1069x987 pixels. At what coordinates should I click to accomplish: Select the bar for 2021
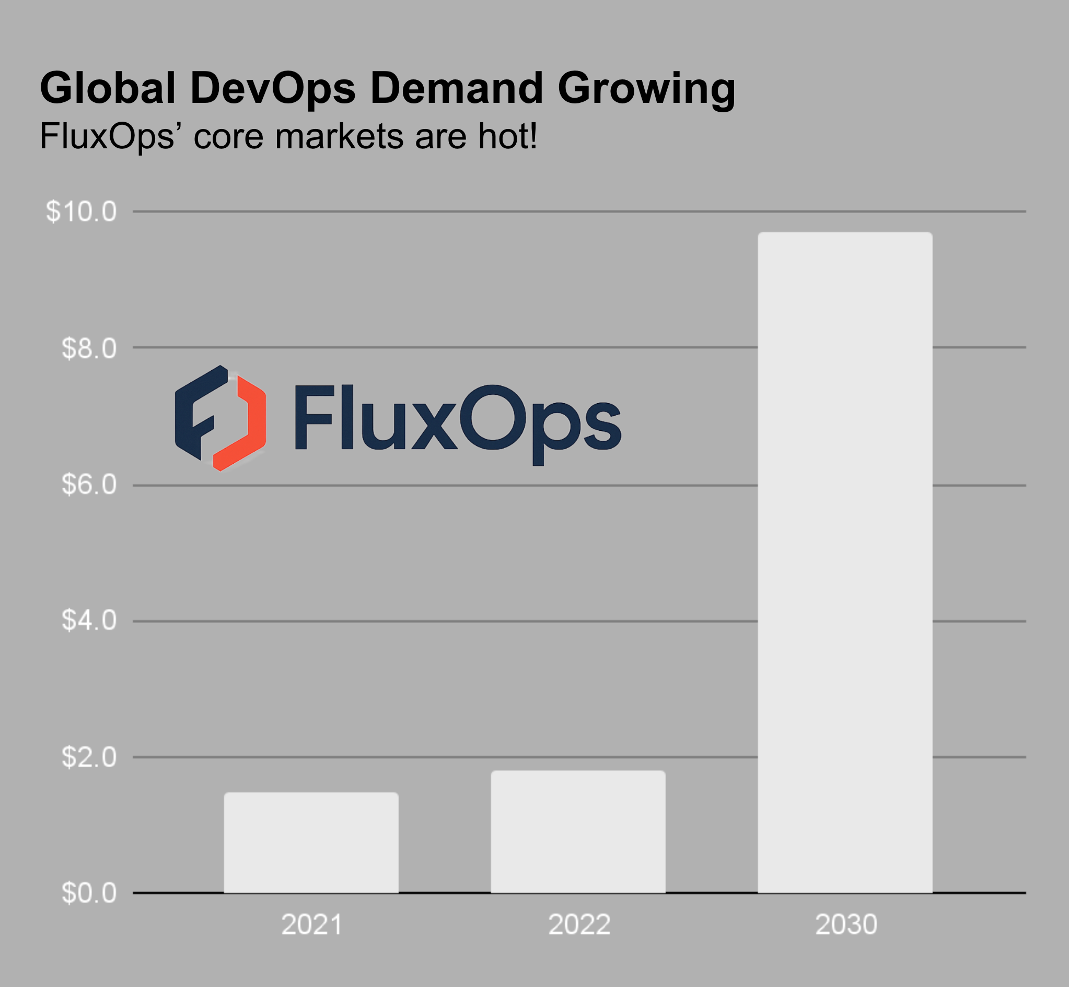pos(311,842)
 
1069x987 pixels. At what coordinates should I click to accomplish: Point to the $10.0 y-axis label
pos(80,211)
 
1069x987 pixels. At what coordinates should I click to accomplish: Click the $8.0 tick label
pos(89,348)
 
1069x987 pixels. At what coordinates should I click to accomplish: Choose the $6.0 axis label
pos(89,485)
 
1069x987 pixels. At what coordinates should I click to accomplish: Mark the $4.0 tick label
pos(89,620)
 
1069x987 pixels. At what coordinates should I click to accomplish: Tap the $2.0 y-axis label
pos(89,757)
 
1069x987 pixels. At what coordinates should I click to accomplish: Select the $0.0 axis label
pos(89,892)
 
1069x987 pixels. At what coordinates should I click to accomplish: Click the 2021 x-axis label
pos(311,924)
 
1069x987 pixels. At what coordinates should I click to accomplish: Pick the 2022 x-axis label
pos(579,924)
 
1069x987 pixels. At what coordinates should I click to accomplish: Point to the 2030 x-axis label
pos(846,924)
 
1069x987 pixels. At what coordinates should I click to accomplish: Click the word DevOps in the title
pos(272,88)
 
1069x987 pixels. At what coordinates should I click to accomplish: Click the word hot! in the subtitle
pos(507,137)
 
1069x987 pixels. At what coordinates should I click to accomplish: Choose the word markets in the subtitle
pos(339,137)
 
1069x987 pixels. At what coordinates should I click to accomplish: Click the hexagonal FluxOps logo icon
pos(220,418)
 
